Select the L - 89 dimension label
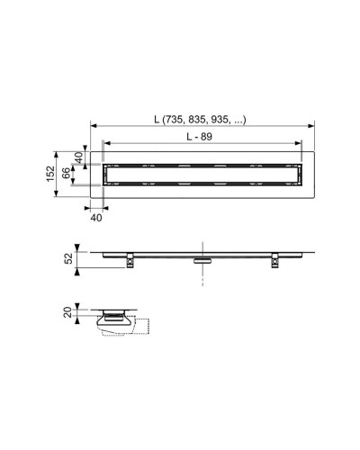point(205,136)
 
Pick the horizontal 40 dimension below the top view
point(96,217)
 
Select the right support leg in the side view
point(271,262)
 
